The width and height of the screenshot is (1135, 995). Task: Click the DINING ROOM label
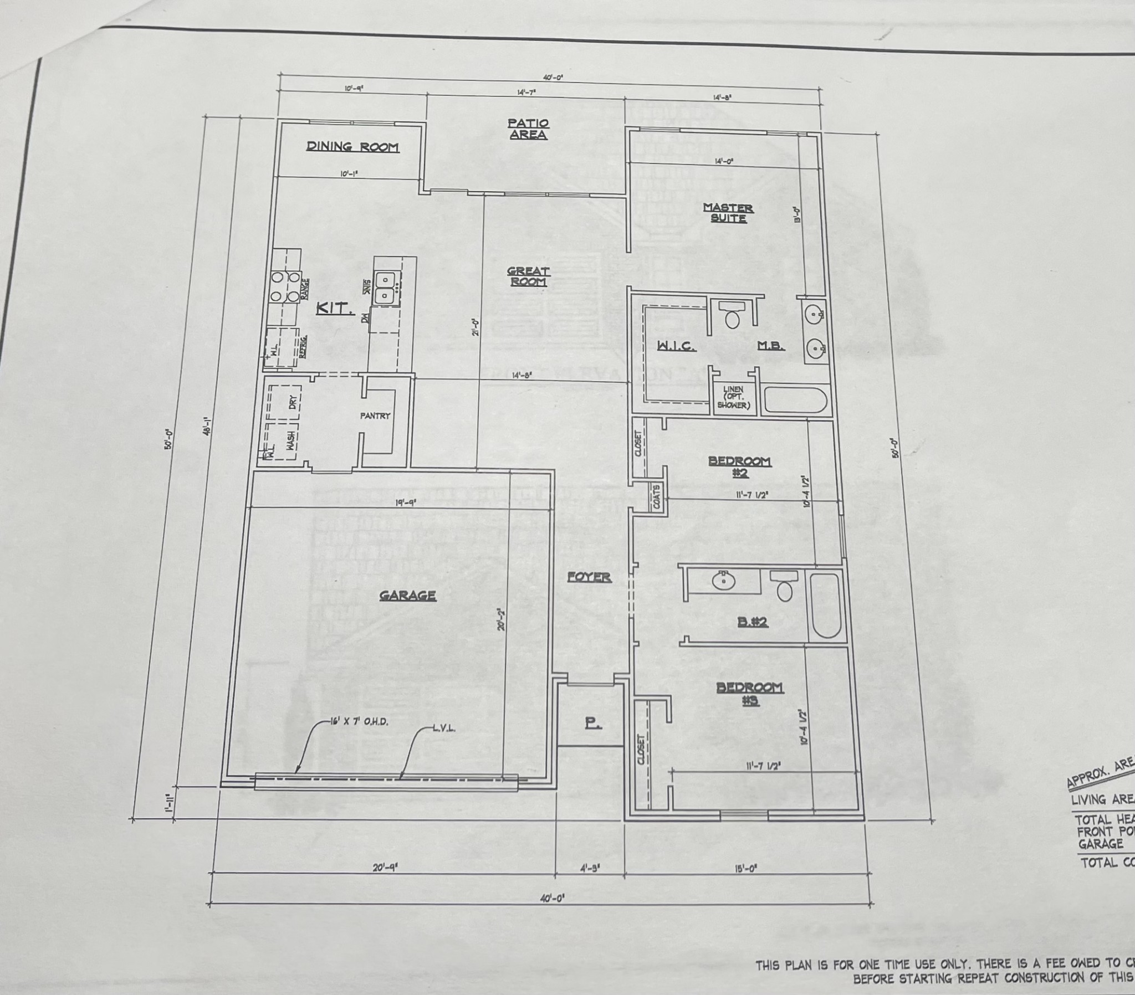pos(352,147)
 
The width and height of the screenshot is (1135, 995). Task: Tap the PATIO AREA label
pos(528,129)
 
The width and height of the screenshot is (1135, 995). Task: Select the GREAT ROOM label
pos(528,276)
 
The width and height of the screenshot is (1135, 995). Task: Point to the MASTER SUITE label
pos(728,213)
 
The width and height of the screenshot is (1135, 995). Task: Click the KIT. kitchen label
pos(335,309)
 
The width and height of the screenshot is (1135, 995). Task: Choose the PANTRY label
pos(375,416)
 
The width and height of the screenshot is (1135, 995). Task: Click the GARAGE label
pos(407,596)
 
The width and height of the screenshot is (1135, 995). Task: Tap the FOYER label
pos(589,577)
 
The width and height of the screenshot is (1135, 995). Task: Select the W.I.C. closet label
pos(676,346)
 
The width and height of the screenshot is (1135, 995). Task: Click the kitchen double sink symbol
pos(384,288)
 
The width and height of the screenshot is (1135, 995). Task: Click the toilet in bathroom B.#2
pos(784,587)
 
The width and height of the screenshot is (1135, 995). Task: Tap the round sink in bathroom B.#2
pos(724,580)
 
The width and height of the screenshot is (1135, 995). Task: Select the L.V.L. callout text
pos(444,729)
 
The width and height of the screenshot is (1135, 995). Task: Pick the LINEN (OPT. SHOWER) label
pos(734,398)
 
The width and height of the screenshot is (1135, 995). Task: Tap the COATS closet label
pos(656,496)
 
